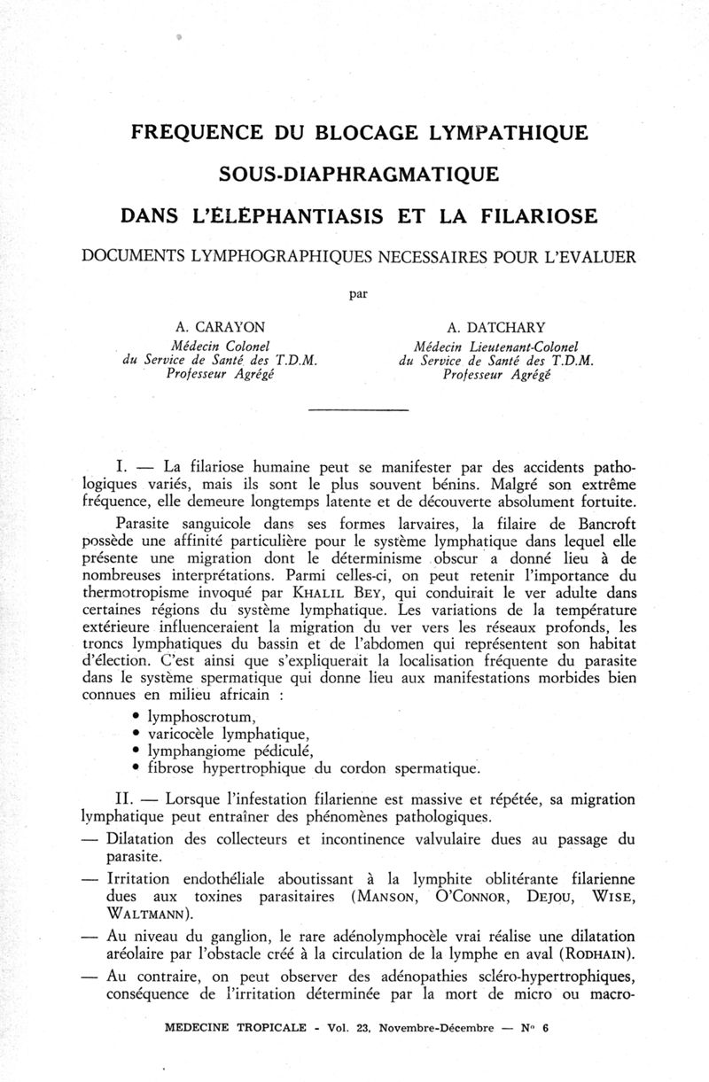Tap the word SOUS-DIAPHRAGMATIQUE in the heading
(x=354, y=174)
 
